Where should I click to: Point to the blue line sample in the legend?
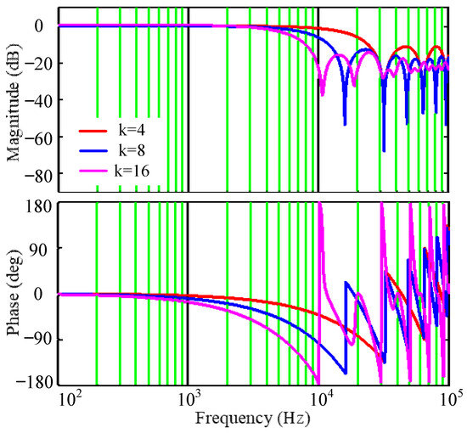click(x=95, y=151)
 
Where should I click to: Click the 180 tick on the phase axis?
click(x=39, y=205)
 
